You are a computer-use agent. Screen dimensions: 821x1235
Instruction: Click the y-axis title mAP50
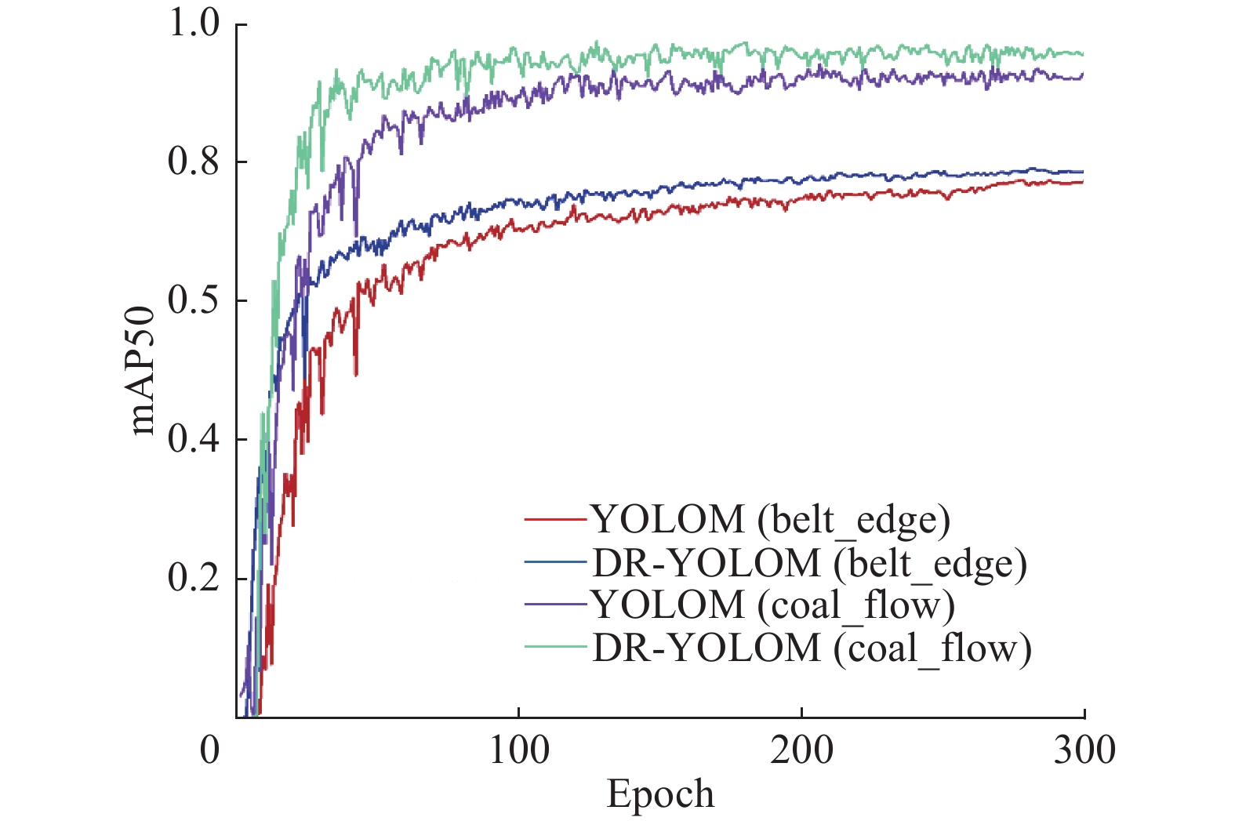click(143, 370)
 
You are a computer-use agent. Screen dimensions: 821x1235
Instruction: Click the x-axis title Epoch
click(660, 794)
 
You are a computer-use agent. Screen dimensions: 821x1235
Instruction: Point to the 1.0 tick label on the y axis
click(194, 24)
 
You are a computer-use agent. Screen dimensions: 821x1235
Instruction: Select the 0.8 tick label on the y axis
click(194, 162)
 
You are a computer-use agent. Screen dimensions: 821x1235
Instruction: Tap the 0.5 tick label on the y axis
click(194, 301)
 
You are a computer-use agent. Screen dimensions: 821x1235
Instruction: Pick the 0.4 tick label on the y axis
click(194, 440)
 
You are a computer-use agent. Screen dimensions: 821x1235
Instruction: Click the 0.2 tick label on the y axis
click(194, 579)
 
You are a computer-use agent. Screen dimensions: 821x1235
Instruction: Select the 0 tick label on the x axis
click(210, 750)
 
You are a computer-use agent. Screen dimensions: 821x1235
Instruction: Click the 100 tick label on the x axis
click(518, 750)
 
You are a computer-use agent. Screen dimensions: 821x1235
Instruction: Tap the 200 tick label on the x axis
click(801, 750)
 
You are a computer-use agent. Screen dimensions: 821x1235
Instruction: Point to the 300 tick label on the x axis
click(1084, 750)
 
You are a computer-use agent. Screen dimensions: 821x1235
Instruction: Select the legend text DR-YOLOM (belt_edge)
click(809, 564)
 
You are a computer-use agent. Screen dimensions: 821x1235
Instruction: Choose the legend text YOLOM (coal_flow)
click(772, 605)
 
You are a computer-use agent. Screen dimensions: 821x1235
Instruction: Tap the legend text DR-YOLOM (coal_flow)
click(812, 648)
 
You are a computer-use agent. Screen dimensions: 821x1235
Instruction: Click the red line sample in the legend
click(555, 520)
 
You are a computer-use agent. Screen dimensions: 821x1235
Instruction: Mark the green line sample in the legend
click(555, 647)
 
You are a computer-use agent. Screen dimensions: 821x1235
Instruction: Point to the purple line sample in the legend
click(555, 605)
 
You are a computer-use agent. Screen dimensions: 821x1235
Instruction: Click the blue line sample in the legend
click(555, 562)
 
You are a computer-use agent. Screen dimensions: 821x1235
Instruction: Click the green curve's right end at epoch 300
click(1083, 53)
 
